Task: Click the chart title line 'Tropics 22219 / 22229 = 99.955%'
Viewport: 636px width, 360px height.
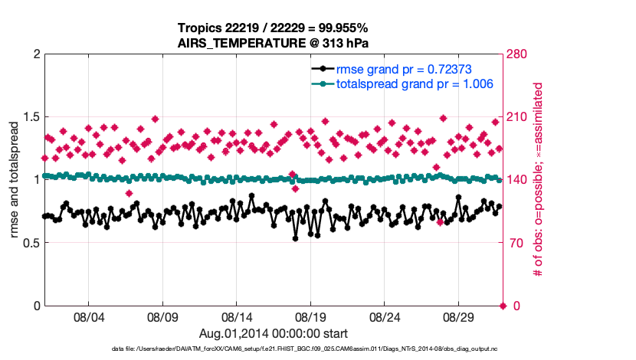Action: pyautogui.click(x=274, y=28)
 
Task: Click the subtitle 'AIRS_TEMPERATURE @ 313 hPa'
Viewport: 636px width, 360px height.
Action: pyautogui.click(x=274, y=43)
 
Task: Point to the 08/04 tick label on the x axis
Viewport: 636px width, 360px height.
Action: pyautogui.click(x=88, y=316)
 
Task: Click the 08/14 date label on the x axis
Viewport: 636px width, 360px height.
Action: pyautogui.click(x=237, y=316)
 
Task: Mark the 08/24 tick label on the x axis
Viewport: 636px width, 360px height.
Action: pyautogui.click(x=385, y=316)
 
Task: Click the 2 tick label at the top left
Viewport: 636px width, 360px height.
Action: pyautogui.click(x=36, y=54)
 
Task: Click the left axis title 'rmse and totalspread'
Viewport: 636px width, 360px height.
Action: pyautogui.click(x=14, y=180)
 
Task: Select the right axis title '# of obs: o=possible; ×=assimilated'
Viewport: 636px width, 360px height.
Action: pyautogui.click(x=539, y=180)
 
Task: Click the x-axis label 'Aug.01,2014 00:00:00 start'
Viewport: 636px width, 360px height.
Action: pyautogui.click(x=274, y=333)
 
